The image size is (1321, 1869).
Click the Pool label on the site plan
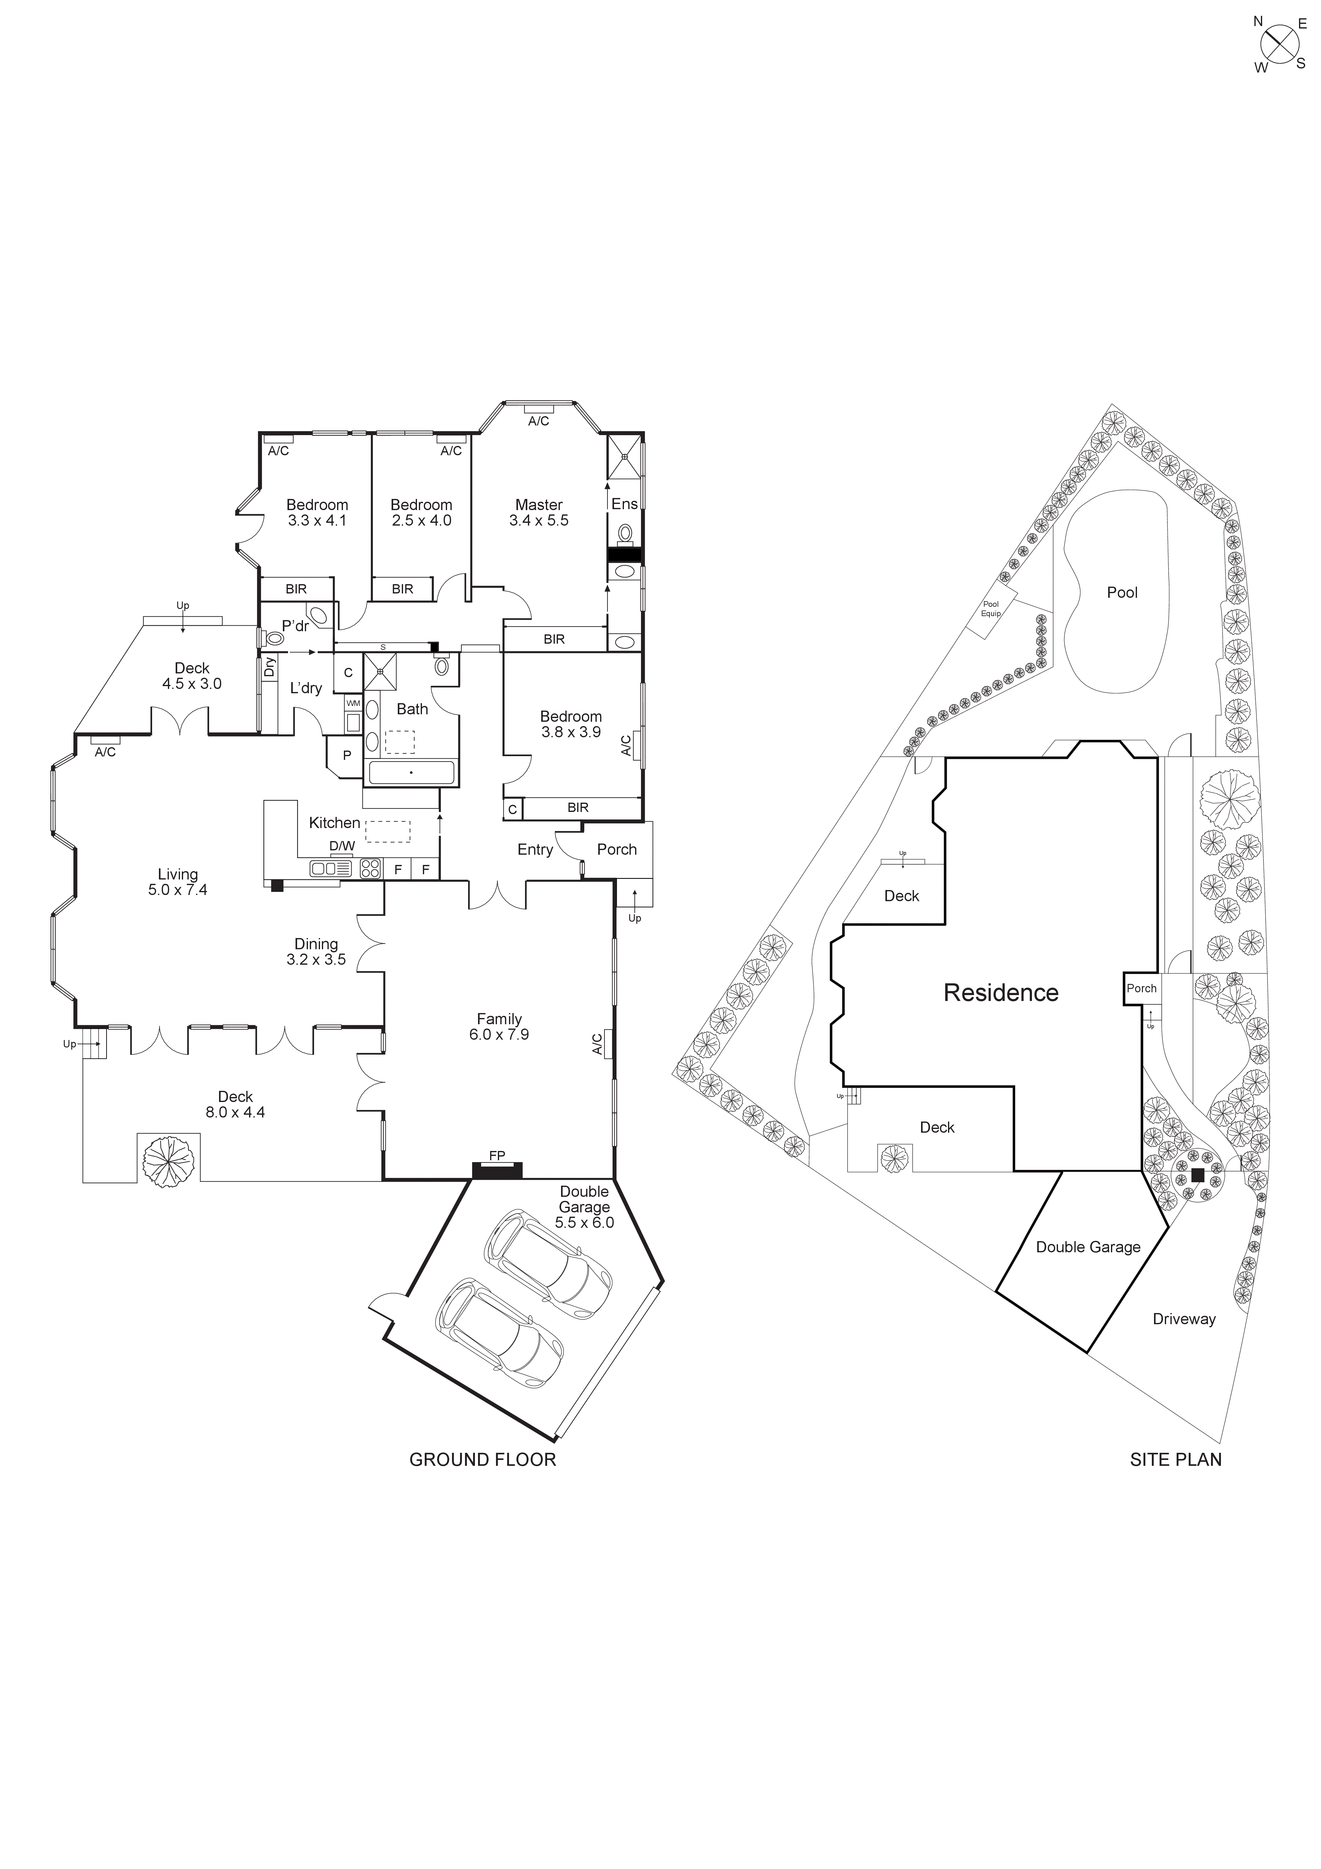[1121, 593]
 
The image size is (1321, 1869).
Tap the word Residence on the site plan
[1000, 992]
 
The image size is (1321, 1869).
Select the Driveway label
[1183, 1319]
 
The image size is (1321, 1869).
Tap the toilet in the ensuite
[625, 534]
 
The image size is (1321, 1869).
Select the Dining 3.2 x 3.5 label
[316, 952]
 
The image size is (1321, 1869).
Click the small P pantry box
[347, 756]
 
